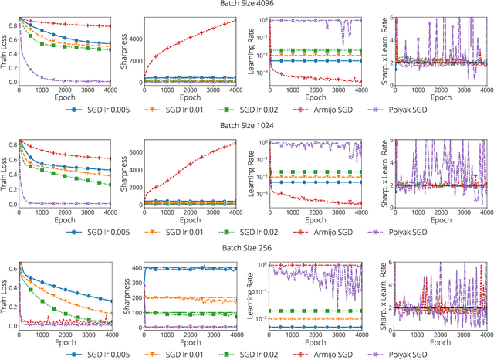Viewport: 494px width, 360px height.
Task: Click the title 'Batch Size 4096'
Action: click(x=247, y=5)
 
